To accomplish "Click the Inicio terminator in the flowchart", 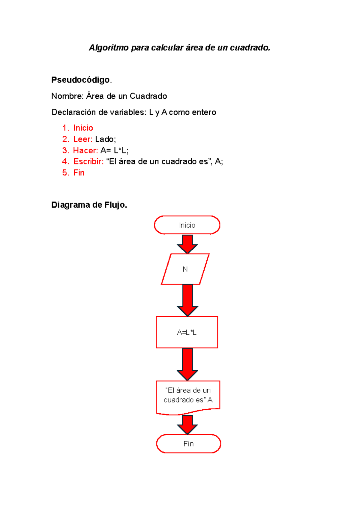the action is tap(187, 225).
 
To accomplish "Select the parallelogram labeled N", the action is tap(185, 269).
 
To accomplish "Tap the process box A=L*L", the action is tap(187, 332).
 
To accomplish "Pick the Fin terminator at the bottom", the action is tap(188, 444).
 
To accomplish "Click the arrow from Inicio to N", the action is tap(187, 244).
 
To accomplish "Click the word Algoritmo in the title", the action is tap(109, 48).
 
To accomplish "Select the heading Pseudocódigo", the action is tap(80, 80).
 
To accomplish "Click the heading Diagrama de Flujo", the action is tap(89, 205).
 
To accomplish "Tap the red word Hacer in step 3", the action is tap(85, 150).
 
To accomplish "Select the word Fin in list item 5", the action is tap(79, 173).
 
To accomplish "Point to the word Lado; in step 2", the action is tap(105, 139).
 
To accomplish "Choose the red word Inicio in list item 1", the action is tap(83, 128).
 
